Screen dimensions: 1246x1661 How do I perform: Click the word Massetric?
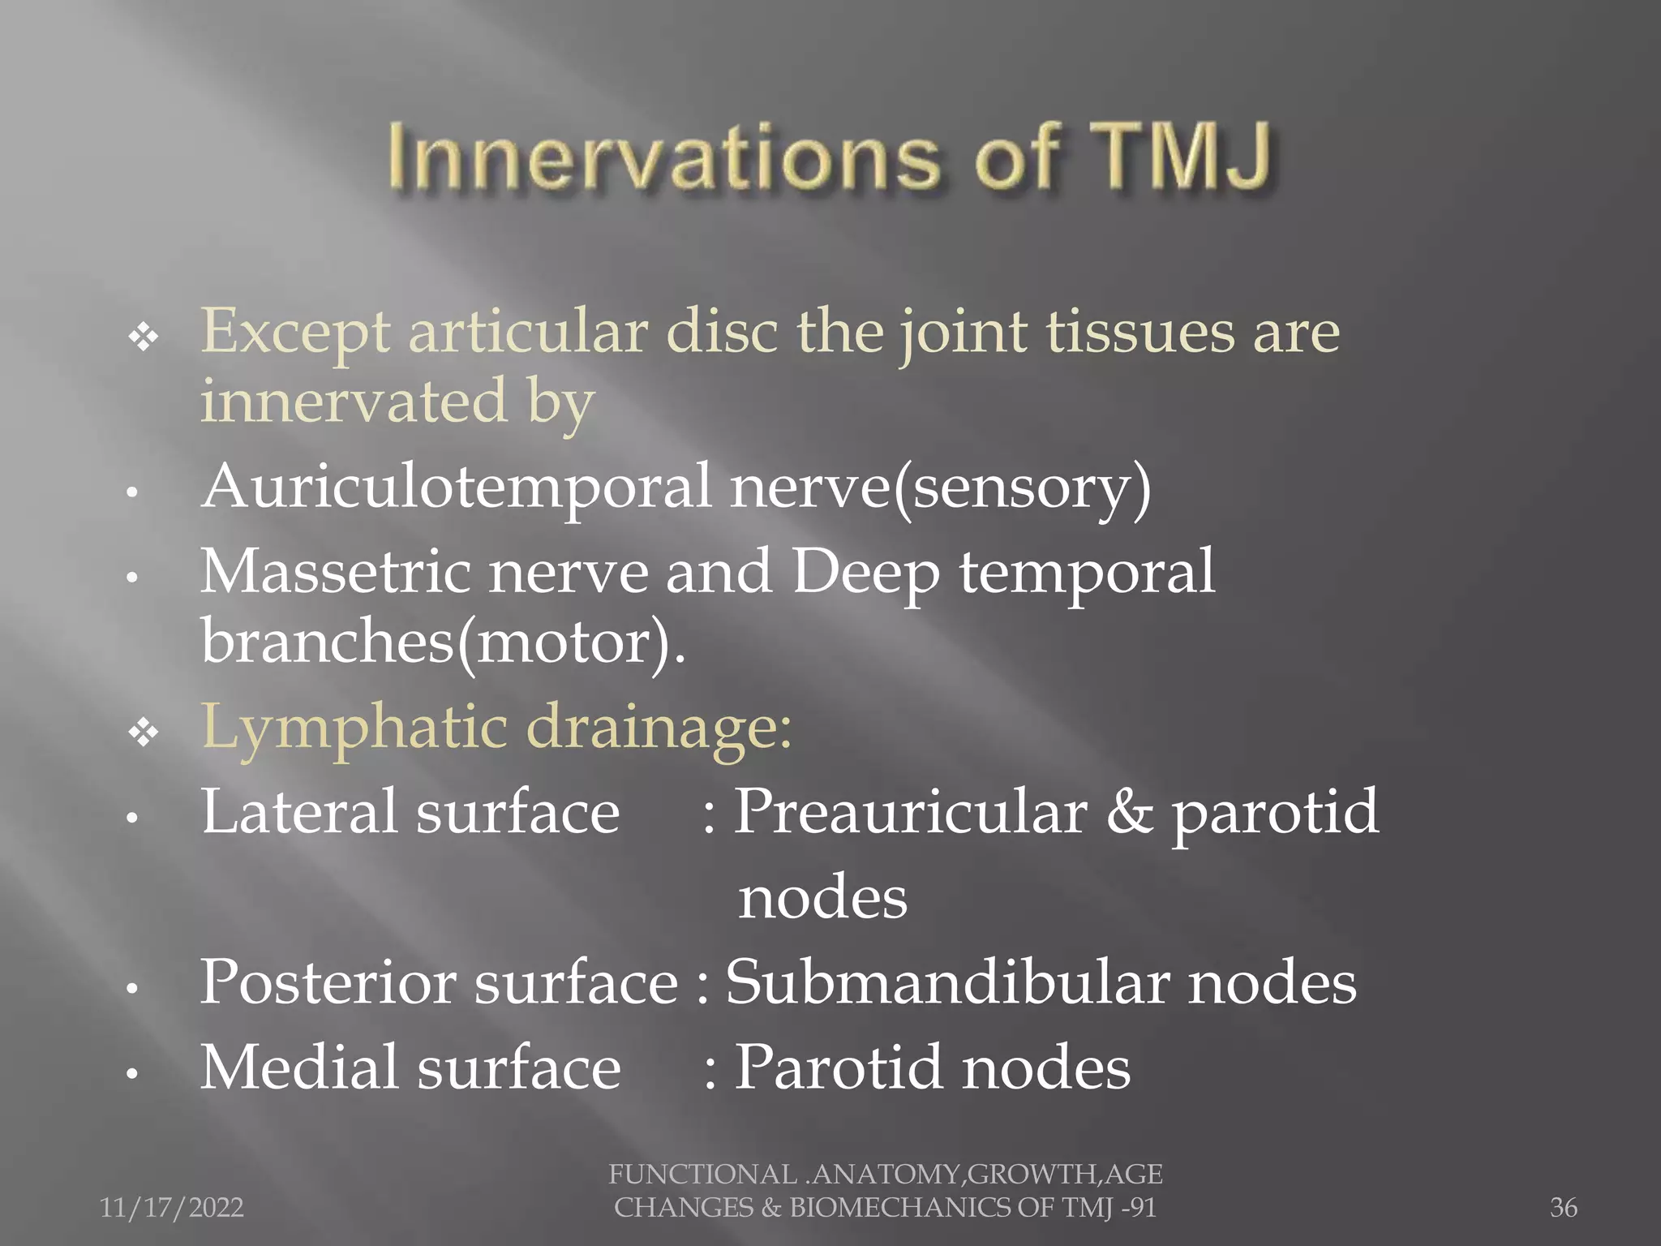(335, 572)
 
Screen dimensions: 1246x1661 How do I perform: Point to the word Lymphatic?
(353, 728)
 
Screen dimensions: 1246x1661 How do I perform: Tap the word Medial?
(298, 1068)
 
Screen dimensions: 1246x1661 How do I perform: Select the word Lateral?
(298, 812)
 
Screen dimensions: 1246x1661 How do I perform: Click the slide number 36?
(1563, 1208)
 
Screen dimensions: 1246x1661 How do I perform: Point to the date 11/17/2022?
(171, 1208)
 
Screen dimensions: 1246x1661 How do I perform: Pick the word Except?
(295, 334)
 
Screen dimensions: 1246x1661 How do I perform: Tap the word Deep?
(865, 572)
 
